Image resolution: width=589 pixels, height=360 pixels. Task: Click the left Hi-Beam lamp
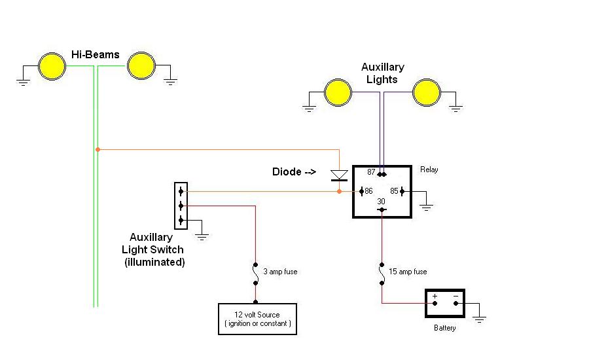(52, 66)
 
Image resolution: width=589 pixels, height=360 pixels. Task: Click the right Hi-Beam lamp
(141, 66)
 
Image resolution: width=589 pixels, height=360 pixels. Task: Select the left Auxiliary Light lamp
(338, 92)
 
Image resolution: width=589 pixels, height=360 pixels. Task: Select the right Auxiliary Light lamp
(427, 92)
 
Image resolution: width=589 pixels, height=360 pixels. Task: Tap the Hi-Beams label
(96, 54)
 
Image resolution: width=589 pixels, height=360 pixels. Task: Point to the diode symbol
(339, 175)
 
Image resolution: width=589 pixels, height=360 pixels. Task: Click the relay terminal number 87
(372, 171)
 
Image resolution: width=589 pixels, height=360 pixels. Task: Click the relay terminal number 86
(368, 191)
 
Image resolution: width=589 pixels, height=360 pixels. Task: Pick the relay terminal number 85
(394, 191)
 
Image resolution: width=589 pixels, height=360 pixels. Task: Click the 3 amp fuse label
(281, 271)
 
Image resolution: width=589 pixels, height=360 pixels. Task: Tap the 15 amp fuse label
(408, 271)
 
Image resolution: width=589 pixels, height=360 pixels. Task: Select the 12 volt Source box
(257, 319)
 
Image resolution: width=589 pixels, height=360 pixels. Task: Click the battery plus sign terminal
(435, 297)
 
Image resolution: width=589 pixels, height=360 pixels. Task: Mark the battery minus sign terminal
(455, 297)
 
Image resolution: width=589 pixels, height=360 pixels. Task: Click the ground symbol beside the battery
(479, 319)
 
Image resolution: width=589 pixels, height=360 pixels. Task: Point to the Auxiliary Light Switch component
(181, 206)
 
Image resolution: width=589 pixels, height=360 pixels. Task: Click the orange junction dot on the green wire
(98, 149)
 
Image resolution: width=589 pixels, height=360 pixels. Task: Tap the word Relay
(429, 170)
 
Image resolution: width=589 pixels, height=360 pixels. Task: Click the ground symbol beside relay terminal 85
(426, 207)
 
